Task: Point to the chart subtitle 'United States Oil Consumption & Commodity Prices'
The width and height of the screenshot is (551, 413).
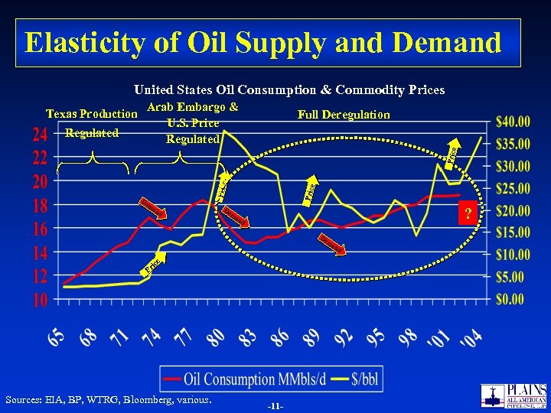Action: click(x=289, y=90)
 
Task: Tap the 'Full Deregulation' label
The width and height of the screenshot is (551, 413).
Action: click(x=344, y=115)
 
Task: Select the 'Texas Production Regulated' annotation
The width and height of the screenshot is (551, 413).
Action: click(x=92, y=124)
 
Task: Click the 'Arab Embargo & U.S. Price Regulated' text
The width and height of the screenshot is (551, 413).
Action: click(x=192, y=123)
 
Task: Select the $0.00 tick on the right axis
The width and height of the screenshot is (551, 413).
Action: click(x=511, y=299)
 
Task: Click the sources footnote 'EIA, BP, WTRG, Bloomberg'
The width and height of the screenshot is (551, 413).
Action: click(x=108, y=399)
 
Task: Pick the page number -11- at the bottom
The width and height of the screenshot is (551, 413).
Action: click(x=275, y=405)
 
